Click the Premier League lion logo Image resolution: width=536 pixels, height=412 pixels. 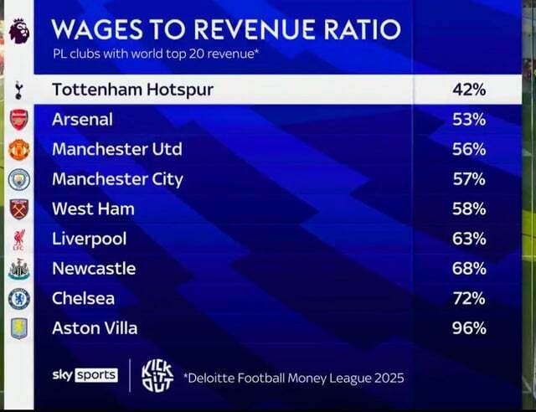click(x=19, y=32)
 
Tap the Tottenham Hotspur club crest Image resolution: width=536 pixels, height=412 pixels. click(x=18, y=90)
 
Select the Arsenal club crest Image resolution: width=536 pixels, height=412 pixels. click(x=18, y=120)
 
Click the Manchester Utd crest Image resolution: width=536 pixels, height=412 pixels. click(x=19, y=150)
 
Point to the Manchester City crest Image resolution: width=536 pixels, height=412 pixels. click(x=19, y=179)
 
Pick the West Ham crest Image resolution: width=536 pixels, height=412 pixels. click(x=19, y=209)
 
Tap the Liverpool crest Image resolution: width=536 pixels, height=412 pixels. click(x=18, y=239)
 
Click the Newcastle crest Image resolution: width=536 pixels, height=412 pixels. click(x=19, y=269)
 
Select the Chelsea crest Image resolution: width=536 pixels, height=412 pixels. click(x=19, y=299)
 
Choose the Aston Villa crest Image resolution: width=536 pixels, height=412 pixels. click(x=19, y=328)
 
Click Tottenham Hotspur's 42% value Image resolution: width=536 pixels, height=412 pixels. click(x=469, y=90)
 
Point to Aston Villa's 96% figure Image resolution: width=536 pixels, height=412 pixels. click(x=469, y=328)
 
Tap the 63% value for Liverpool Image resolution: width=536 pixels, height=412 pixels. click(x=469, y=239)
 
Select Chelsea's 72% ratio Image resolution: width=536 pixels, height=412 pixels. click(x=469, y=298)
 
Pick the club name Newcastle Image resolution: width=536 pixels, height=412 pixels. click(x=94, y=269)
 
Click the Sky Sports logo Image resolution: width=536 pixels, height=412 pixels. click(x=85, y=375)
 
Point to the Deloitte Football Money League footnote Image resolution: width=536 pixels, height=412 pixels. click(x=294, y=379)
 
